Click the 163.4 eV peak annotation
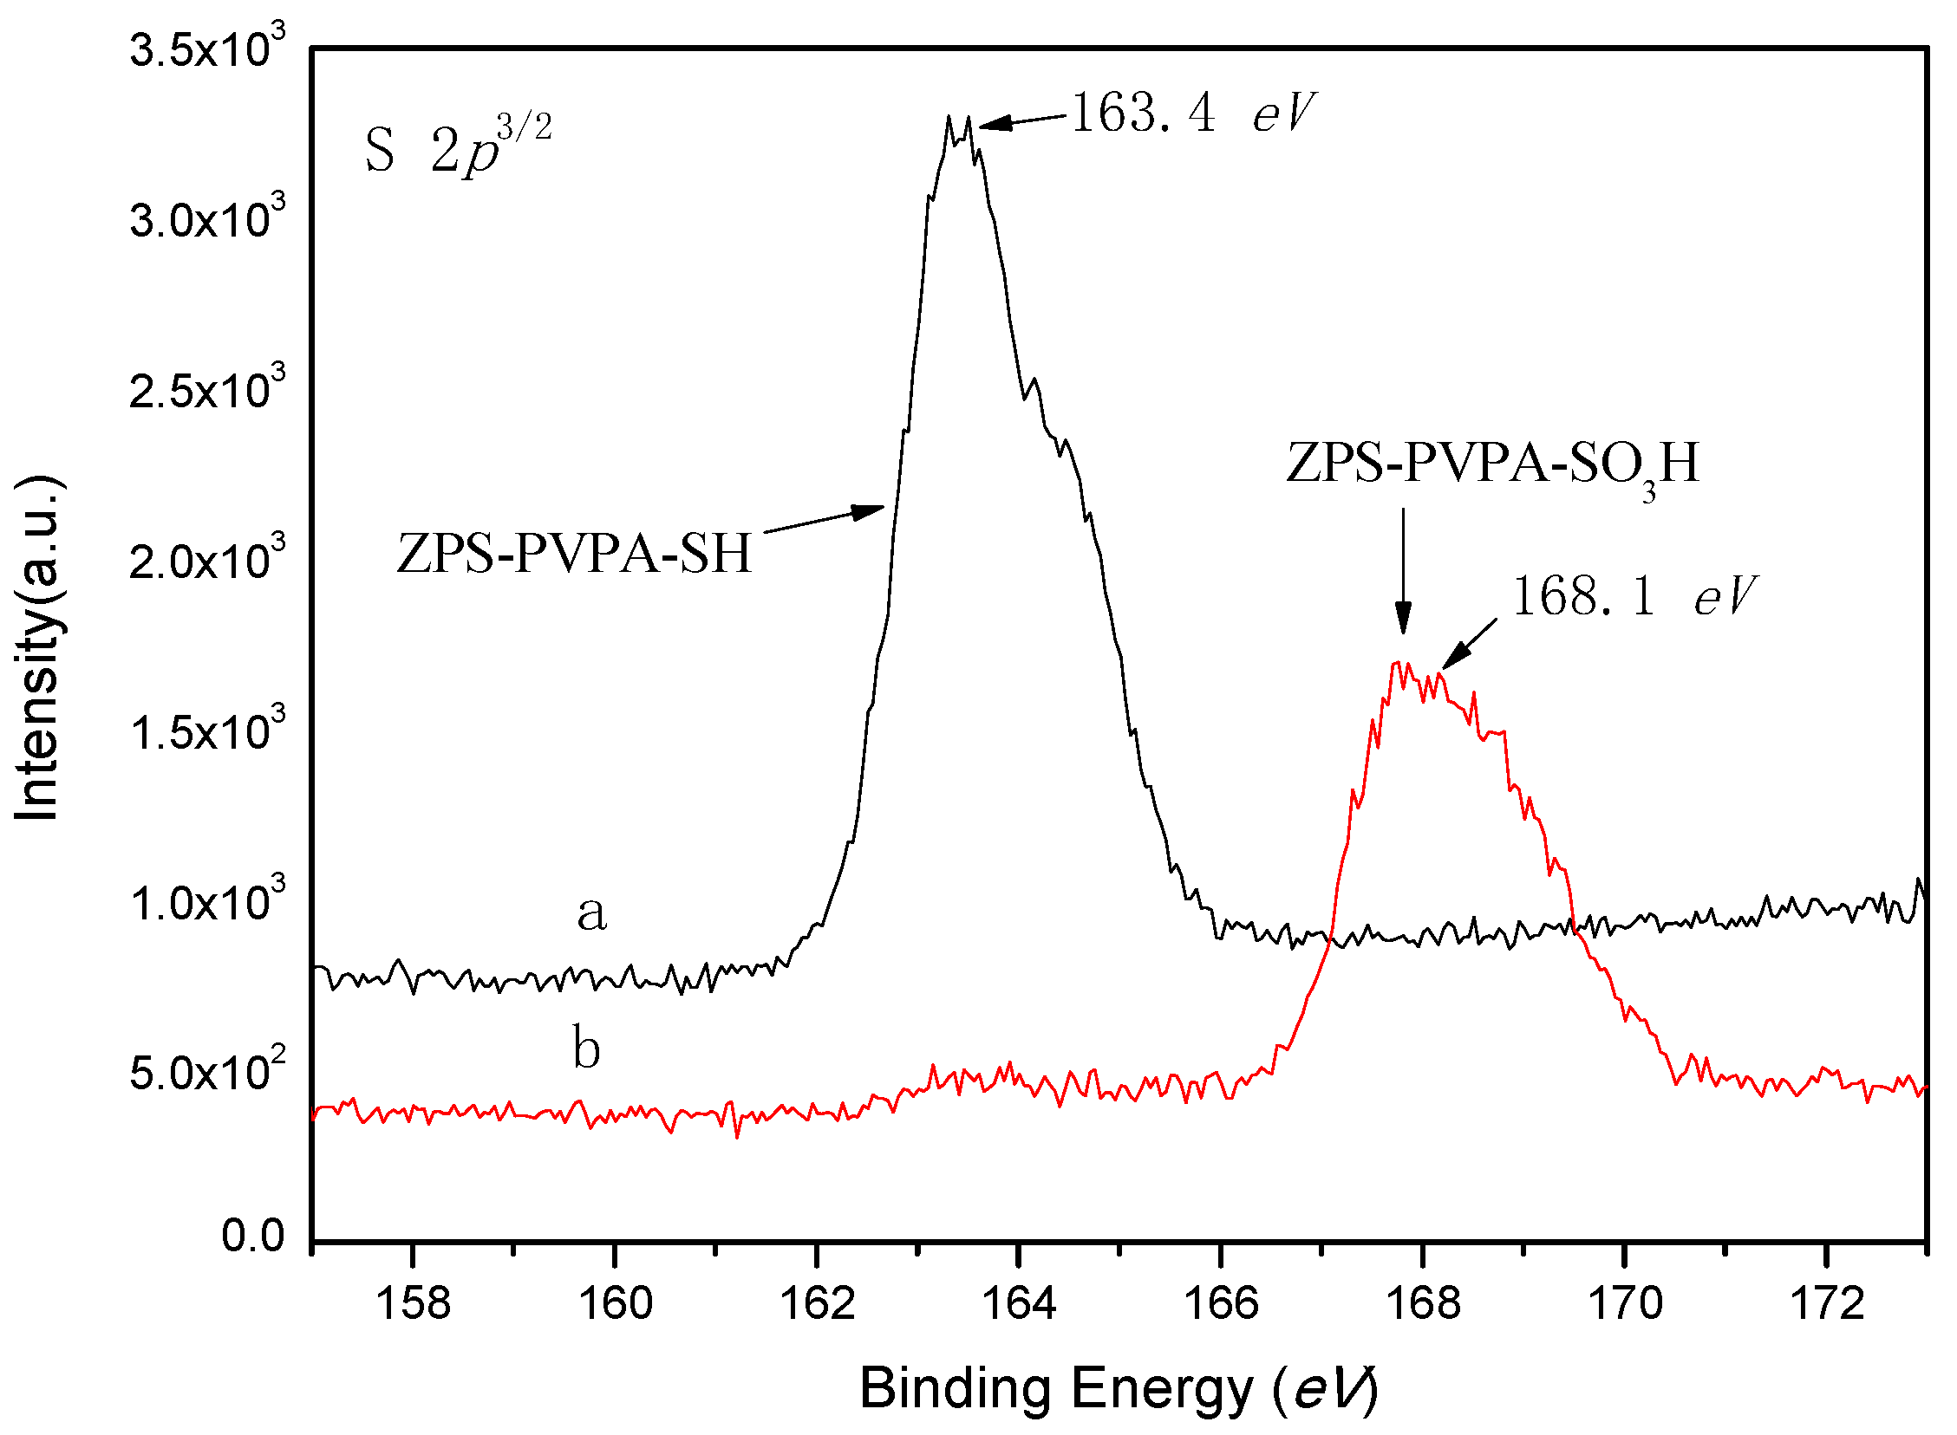(1193, 114)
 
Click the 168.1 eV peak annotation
(1634, 597)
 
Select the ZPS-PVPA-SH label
(573, 554)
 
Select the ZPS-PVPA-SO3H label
(1492, 464)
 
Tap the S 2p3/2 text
(457, 146)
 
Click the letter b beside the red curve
(586, 1049)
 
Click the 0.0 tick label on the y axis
(253, 1236)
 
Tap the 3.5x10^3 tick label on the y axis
(207, 48)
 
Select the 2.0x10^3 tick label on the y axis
(207, 560)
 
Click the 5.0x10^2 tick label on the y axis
(207, 1072)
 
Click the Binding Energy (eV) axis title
(1118, 1389)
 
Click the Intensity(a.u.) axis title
(39, 647)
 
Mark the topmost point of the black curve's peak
(949, 115)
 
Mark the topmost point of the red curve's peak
(1396, 663)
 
